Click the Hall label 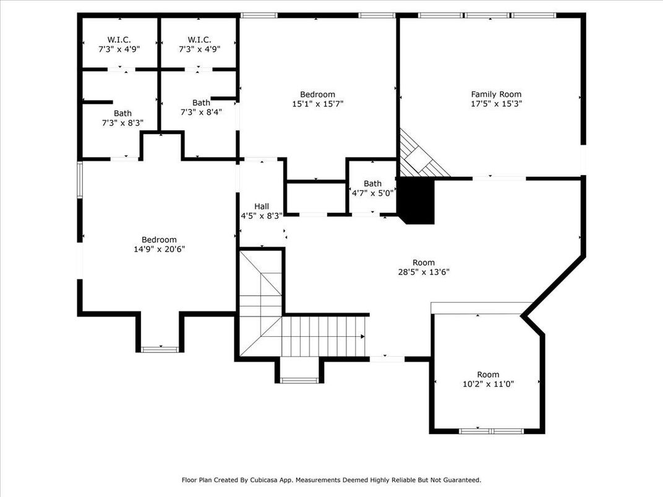[x=261, y=206]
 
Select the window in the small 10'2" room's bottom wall [x=491, y=430]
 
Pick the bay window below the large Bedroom [x=160, y=349]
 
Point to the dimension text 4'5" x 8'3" [x=261, y=216]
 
